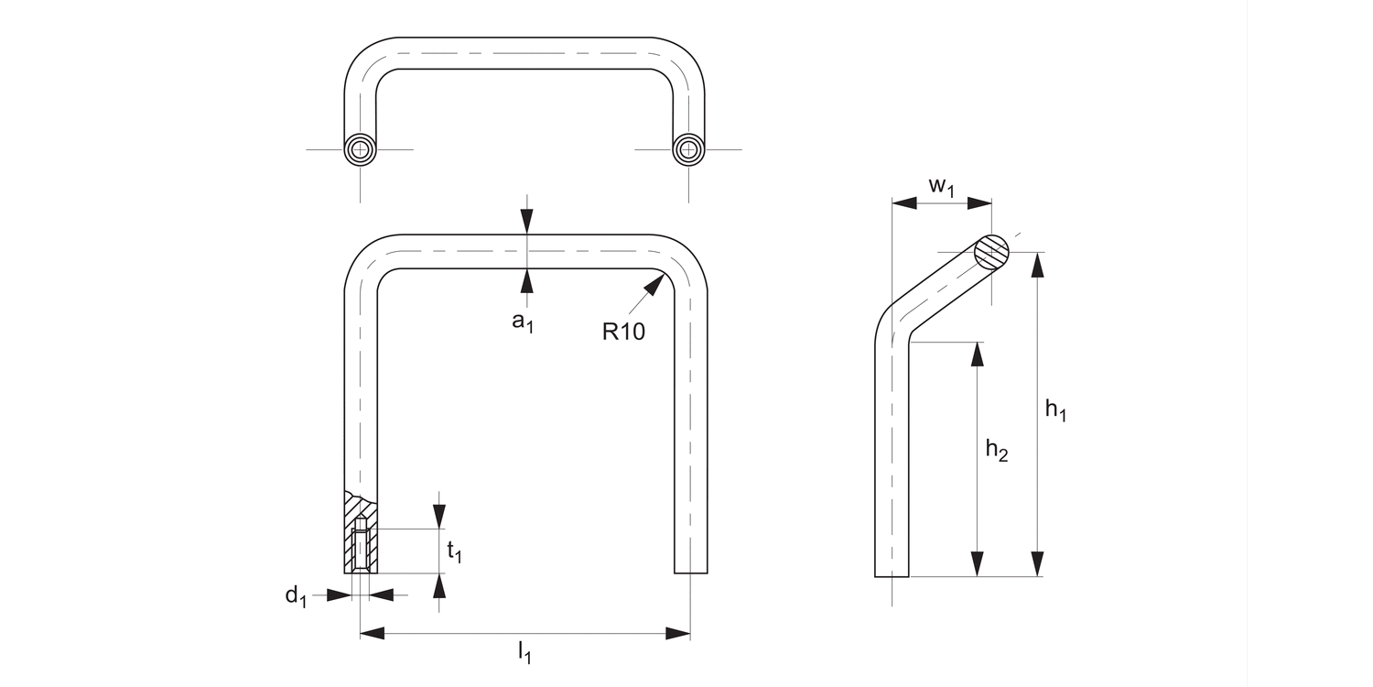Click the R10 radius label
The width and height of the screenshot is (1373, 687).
(623, 332)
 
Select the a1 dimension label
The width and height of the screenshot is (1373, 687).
(522, 322)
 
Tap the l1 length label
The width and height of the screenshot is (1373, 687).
(524, 653)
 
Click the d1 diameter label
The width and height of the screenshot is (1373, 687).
(295, 596)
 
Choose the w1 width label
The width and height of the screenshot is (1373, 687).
(942, 186)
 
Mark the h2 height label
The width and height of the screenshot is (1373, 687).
(996, 450)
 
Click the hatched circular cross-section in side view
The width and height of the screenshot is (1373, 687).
(991, 252)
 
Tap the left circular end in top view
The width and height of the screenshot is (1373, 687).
(361, 149)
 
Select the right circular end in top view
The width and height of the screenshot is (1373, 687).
(688, 149)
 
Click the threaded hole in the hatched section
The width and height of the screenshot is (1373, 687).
(361, 547)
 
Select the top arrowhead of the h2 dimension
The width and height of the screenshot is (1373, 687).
(978, 354)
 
